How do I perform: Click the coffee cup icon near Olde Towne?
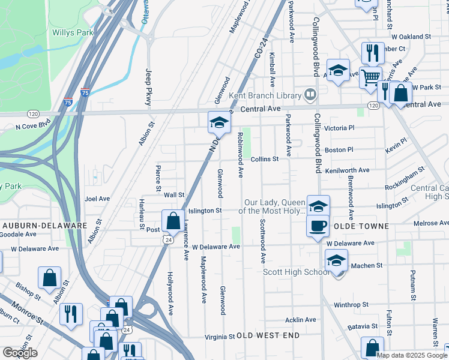(318, 226)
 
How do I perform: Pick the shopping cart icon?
(370, 76)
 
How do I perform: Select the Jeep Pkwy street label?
(149, 87)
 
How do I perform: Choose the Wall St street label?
(174, 195)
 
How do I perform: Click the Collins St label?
(265, 159)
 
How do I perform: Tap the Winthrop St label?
(351, 305)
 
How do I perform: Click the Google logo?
(20, 353)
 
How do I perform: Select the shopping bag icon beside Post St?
(173, 221)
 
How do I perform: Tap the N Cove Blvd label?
(33, 127)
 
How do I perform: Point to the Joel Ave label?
(97, 199)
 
